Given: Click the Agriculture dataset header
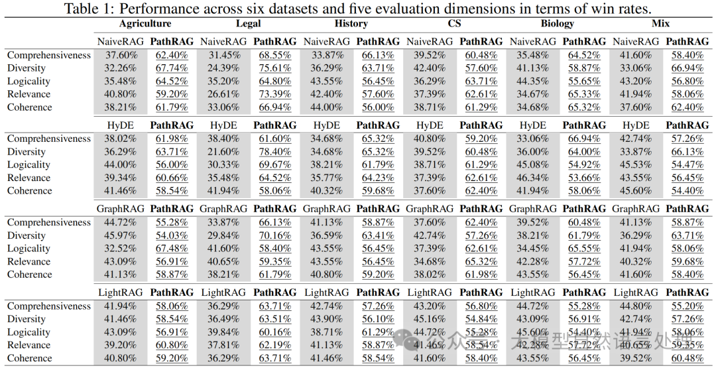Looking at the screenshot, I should [x=145, y=24].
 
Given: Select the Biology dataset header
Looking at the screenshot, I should [x=558, y=24].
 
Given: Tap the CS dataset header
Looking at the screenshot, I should [x=454, y=24].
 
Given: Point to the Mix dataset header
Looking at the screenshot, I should [x=660, y=24].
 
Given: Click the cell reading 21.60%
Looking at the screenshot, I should [x=224, y=152].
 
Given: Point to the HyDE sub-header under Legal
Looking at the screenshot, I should [x=224, y=125].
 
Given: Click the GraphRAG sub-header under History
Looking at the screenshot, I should [x=327, y=209].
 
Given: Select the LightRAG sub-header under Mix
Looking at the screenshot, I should [x=636, y=292].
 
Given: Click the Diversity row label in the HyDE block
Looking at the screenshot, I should [x=27, y=152].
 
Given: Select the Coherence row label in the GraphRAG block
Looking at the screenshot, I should [x=29, y=275].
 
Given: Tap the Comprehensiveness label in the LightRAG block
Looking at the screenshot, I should [x=48, y=306].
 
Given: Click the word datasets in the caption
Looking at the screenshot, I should [x=314, y=9].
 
